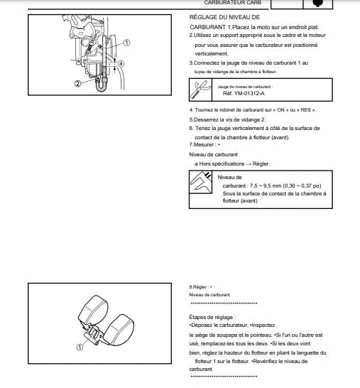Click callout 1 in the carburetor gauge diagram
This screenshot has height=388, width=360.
(x=126, y=43)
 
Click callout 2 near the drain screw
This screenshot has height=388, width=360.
(x=77, y=83)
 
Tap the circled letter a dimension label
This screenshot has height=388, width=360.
(x=121, y=63)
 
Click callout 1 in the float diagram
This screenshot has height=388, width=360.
(x=80, y=347)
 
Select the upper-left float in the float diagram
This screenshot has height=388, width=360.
(x=93, y=309)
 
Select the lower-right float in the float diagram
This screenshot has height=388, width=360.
(x=120, y=330)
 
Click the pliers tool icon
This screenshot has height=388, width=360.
(x=200, y=90)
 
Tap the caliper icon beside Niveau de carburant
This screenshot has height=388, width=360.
(x=201, y=182)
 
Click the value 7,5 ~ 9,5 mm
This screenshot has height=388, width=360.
(x=266, y=185)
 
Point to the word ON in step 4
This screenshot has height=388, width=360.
(x=280, y=110)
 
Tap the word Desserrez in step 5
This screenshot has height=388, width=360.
(x=206, y=120)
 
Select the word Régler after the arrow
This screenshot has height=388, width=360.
(x=261, y=164)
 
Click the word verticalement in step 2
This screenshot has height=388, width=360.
(x=212, y=53)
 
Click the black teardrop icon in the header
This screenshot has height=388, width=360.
(x=317, y=3)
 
